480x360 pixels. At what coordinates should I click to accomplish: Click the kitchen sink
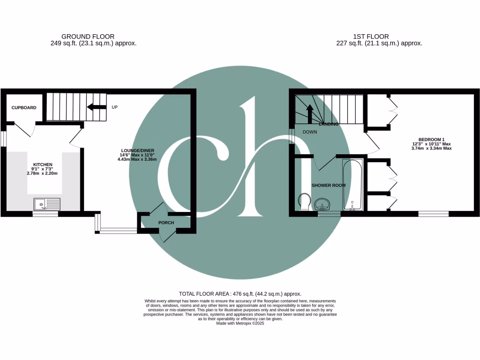pyautogui.click(x=47, y=204)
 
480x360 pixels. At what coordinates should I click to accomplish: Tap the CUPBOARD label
pyautogui.click(x=24, y=108)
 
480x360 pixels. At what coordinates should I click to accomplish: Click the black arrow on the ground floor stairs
pyautogui.click(x=97, y=107)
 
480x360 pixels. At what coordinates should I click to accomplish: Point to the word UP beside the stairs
pyautogui.click(x=114, y=107)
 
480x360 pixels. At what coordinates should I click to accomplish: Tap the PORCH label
pyautogui.click(x=166, y=223)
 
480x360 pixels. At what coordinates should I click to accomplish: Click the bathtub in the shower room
pyautogui.click(x=352, y=185)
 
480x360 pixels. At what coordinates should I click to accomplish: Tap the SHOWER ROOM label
pyautogui.click(x=329, y=185)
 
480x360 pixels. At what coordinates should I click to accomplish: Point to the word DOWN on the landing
pyautogui.click(x=309, y=132)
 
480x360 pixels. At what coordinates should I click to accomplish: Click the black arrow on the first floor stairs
pyautogui.click(x=309, y=113)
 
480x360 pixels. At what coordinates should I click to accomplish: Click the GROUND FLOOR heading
pyautogui.click(x=88, y=37)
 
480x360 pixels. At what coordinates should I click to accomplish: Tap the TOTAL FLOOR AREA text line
pyautogui.click(x=240, y=293)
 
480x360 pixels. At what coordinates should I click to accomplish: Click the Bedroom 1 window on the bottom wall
pyautogui.click(x=433, y=214)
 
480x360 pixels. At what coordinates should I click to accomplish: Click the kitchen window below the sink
pyautogui.click(x=45, y=214)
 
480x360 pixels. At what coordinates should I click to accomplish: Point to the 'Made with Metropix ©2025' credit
pyautogui.click(x=240, y=323)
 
